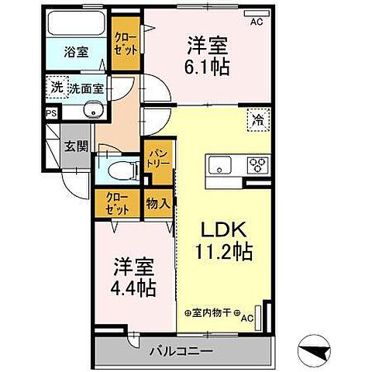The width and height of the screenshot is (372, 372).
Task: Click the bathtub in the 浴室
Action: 76,23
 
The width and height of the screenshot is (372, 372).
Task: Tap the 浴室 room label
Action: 76,52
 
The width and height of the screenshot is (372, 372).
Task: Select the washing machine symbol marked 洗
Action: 57,88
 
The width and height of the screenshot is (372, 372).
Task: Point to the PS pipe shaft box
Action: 51,113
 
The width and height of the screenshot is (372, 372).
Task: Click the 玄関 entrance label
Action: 76,146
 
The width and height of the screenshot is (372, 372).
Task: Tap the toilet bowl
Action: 122,170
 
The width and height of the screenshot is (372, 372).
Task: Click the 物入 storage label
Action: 158,204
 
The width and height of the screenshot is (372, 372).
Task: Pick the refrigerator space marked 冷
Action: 259,119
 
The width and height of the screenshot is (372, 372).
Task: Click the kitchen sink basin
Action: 220,165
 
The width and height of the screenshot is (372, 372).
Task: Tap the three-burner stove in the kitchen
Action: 258,164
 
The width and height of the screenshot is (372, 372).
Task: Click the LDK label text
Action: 223,229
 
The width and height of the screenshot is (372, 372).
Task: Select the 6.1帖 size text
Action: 207,67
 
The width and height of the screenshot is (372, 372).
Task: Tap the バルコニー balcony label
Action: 182,351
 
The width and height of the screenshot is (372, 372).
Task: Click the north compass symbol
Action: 314,350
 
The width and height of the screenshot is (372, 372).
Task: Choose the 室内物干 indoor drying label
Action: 212,313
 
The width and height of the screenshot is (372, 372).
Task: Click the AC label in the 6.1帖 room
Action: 257,22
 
